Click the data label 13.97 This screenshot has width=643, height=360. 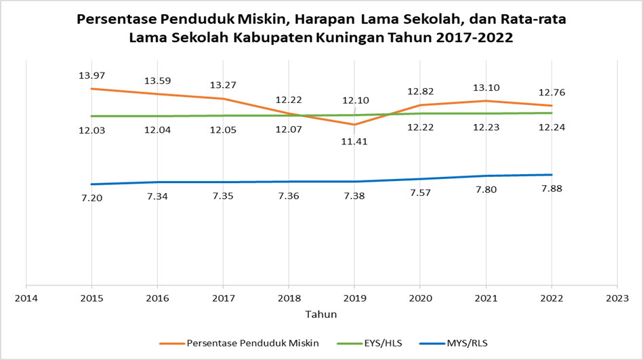click(x=91, y=75)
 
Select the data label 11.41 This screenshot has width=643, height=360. click(x=354, y=142)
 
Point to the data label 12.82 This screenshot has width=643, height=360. click(x=420, y=92)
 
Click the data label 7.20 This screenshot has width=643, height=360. click(x=91, y=198)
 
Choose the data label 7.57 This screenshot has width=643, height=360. click(x=420, y=193)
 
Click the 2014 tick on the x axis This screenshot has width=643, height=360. click(x=26, y=298)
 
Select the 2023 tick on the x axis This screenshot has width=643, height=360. click(x=617, y=298)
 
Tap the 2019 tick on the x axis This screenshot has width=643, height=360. click(x=354, y=298)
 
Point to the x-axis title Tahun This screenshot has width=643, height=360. click(x=321, y=315)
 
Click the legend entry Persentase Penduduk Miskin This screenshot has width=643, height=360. click(x=253, y=344)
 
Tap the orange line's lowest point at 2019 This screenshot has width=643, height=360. click(x=354, y=124)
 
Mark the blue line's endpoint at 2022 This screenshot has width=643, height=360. click(x=552, y=175)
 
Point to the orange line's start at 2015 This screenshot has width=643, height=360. click(x=91, y=89)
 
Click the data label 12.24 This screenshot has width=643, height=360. click(x=552, y=127)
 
